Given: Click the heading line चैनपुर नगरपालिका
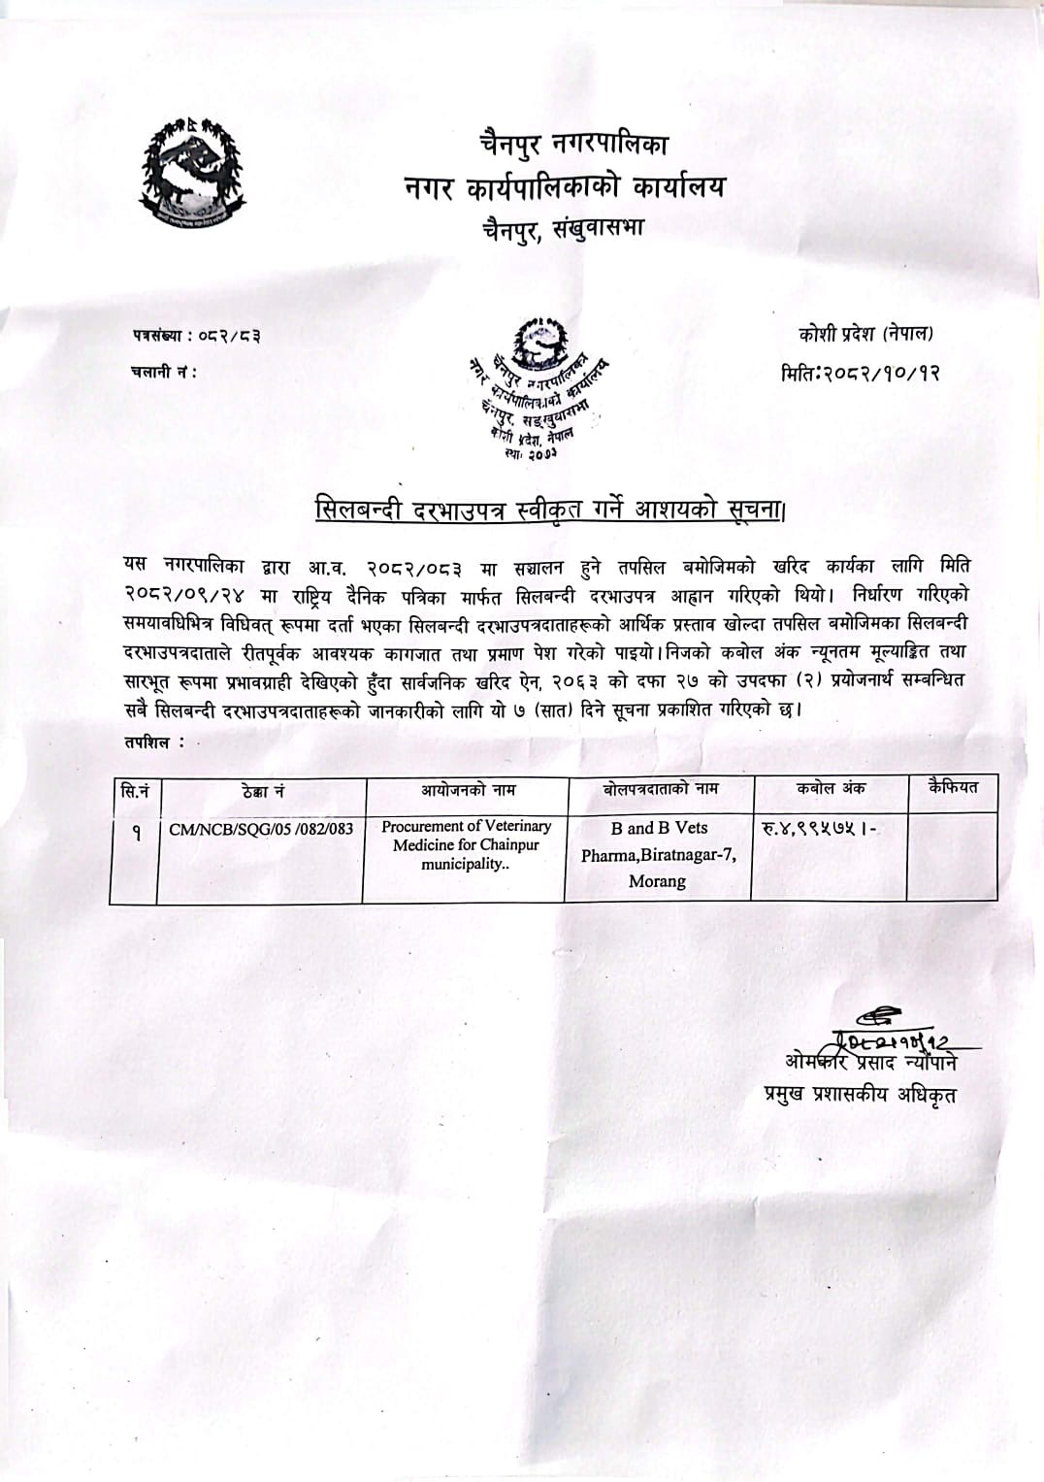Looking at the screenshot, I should (x=572, y=147).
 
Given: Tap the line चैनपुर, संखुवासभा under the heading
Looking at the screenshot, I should (x=563, y=229).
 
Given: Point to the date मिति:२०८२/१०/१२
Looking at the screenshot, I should (x=861, y=371).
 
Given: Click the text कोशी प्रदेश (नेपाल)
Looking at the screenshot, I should (x=865, y=334).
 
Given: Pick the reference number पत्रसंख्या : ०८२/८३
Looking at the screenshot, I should (x=196, y=337).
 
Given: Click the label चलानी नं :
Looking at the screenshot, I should (x=163, y=371).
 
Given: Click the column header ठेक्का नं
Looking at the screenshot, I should (x=262, y=792).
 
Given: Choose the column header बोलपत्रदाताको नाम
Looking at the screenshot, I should (x=660, y=789).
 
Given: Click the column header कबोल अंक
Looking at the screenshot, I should (x=831, y=788).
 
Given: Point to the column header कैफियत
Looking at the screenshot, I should (x=952, y=786).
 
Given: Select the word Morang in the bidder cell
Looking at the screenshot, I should (x=657, y=881).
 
